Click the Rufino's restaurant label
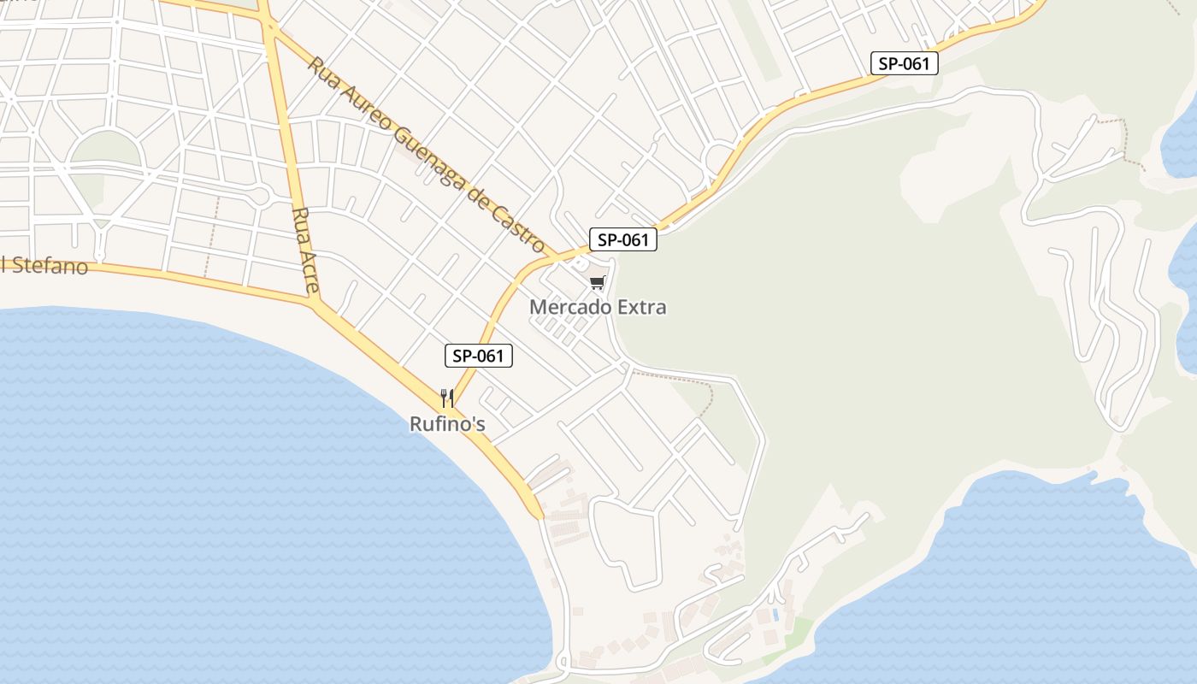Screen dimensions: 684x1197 coord(449,423)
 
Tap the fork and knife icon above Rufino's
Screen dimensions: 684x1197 coord(446,398)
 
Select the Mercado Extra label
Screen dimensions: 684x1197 coord(598,307)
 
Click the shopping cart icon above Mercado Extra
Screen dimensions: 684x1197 coord(597,283)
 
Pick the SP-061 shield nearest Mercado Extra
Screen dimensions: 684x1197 coord(623,240)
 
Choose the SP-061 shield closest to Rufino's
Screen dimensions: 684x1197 coord(479,356)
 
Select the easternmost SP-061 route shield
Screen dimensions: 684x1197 coord(905,63)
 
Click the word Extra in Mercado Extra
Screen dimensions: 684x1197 coord(640,307)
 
